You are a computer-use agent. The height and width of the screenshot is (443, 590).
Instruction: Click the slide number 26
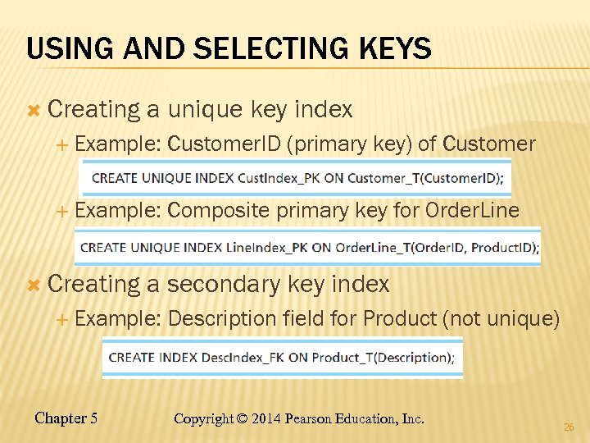click(569, 427)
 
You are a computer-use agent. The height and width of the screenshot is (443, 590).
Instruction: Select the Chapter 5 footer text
click(66, 418)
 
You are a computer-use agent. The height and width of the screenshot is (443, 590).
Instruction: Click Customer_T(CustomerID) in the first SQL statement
click(433, 179)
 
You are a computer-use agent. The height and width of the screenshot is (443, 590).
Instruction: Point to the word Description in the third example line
click(221, 318)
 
